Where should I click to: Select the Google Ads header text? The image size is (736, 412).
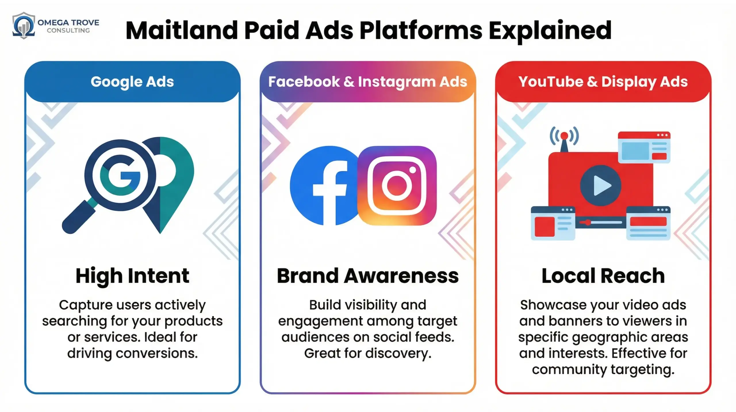pos(132,82)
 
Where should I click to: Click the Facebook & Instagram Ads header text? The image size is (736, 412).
pos(367,82)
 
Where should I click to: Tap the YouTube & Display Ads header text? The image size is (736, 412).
pos(603,82)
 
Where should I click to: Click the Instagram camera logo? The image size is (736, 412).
pos(397,185)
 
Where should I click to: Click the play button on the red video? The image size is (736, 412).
pos(600,185)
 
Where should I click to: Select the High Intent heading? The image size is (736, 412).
pos(132,276)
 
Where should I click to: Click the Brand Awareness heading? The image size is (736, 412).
pos(367,276)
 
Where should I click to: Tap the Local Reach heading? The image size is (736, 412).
pos(603,276)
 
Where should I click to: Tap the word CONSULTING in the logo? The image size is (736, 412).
pos(68,31)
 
